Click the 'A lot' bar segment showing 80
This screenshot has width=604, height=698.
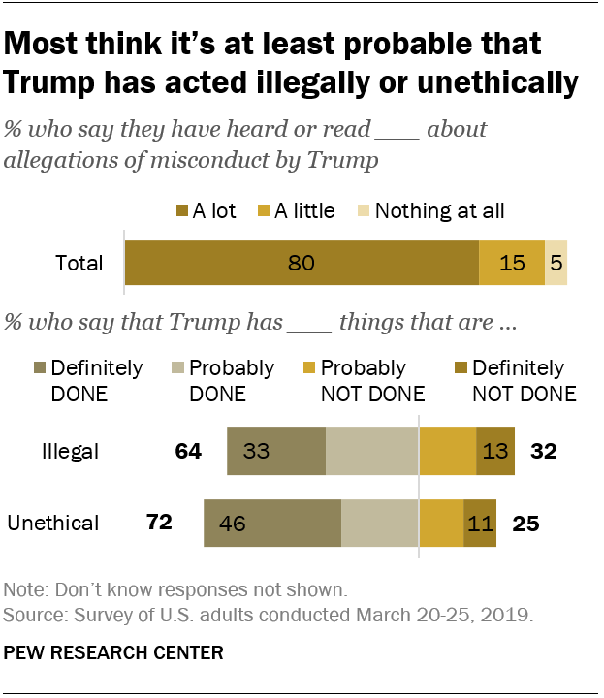click(302, 263)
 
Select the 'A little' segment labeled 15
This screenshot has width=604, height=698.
click(512, 263)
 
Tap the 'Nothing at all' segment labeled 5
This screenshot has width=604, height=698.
click(556, 263)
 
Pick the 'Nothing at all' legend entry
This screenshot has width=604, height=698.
click(439, 210)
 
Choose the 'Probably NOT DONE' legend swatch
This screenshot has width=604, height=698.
click(309, 368)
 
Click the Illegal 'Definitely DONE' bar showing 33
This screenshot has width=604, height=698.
click(275, 451)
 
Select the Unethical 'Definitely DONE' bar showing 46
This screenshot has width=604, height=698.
click(271, 523)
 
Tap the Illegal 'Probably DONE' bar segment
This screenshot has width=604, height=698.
click(371, 451)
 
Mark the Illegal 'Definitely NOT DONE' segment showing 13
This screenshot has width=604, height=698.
click(495, 451)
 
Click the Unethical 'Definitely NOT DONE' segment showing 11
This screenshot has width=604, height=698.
click(480, 523)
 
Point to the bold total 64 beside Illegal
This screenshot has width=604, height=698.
click(187, 451)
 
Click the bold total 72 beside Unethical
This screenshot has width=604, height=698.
click(158, 523)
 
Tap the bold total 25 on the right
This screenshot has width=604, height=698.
click(525, 523)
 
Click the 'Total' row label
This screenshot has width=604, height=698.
click(79, 263)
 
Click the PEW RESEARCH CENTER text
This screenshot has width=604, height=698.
click(113, 652)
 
